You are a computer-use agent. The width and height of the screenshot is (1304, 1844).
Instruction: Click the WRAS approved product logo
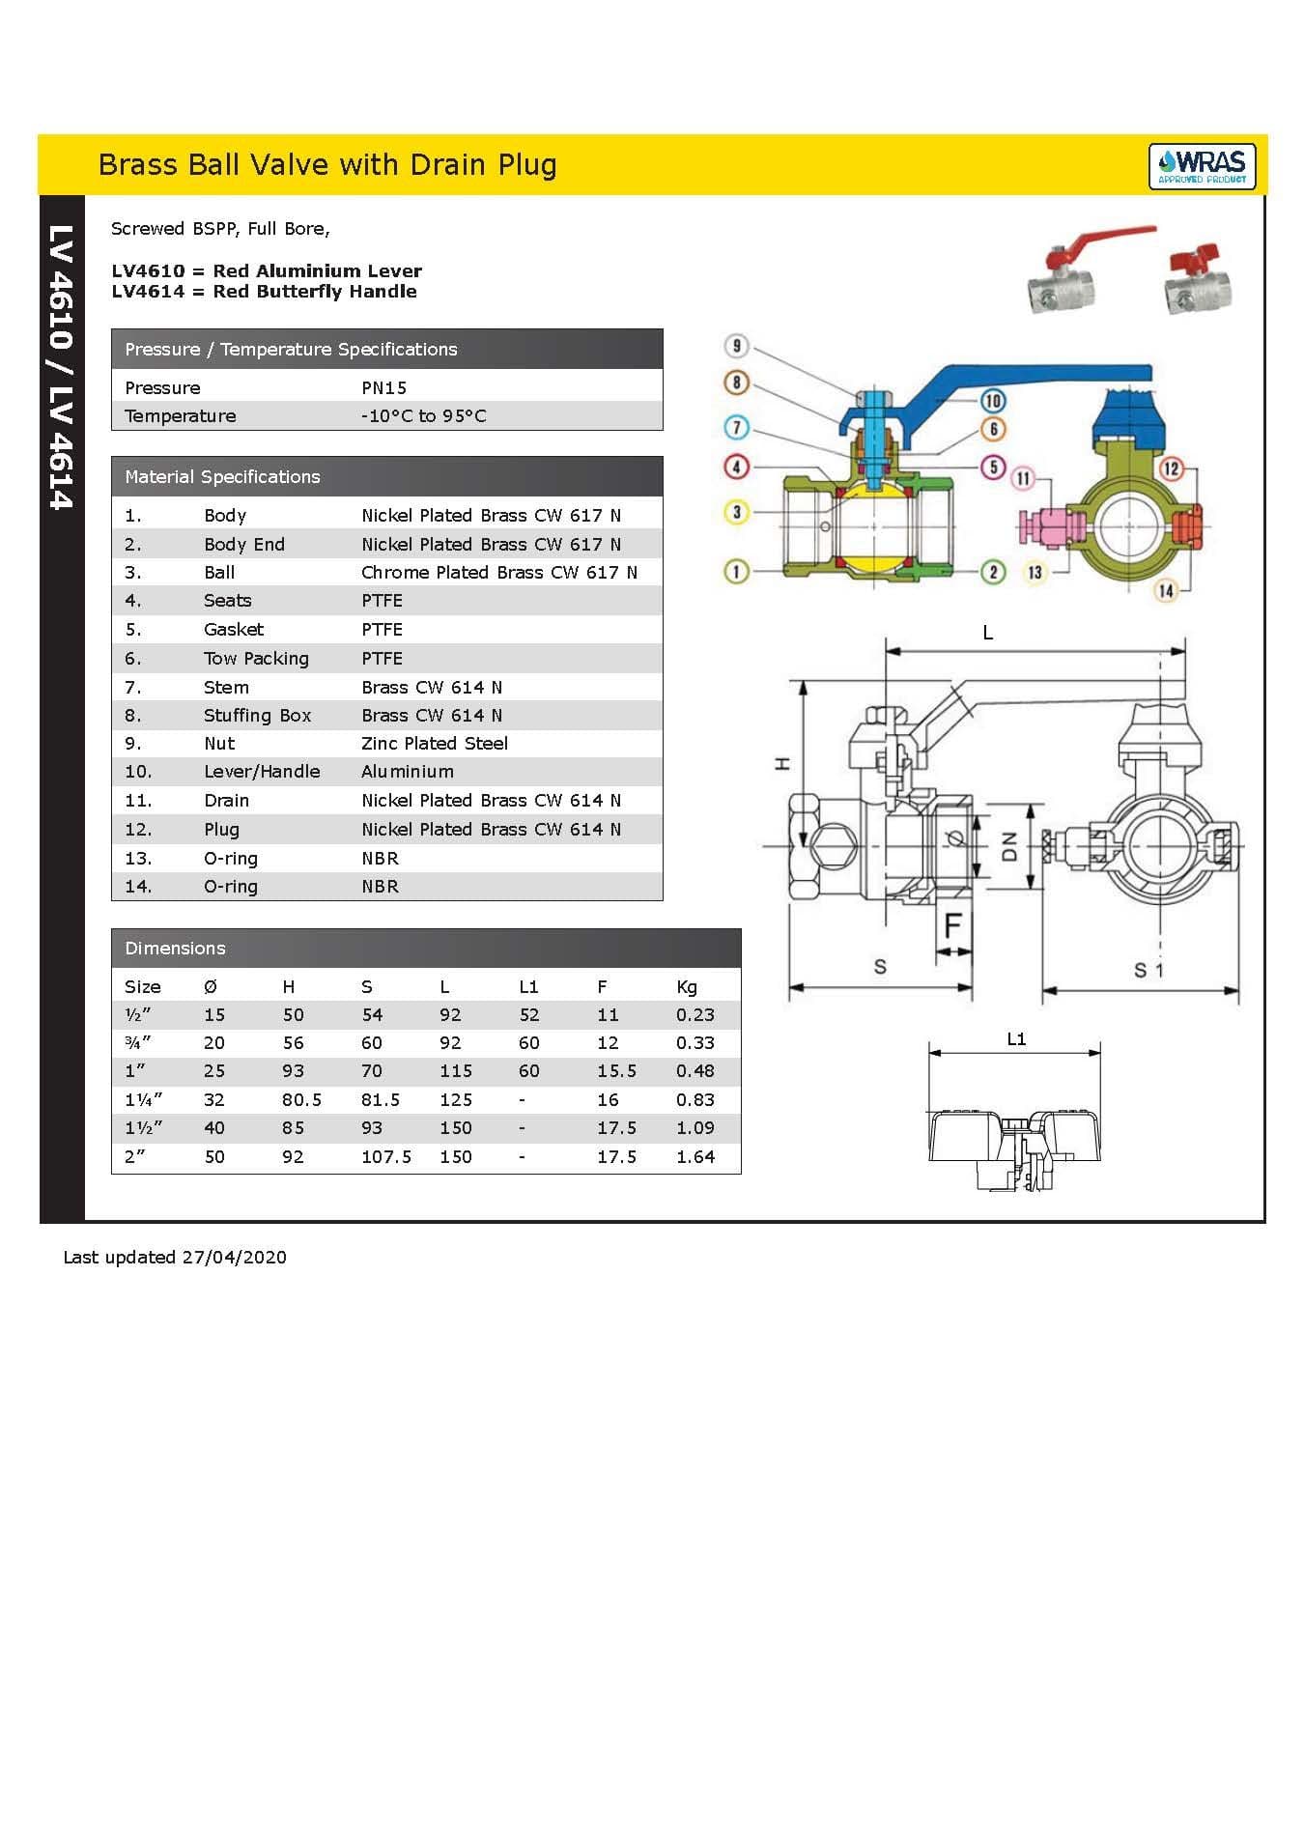pos(1202,166)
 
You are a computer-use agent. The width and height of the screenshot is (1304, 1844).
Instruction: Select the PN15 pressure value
pos(383,387)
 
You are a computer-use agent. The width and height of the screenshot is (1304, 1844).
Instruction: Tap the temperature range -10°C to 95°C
pos(423,416)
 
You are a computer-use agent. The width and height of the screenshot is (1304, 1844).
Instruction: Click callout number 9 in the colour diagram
pos(737,346)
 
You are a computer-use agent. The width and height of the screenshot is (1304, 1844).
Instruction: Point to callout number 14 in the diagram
pos(1166,590)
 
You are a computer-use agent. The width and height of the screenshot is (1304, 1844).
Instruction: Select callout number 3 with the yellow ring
pos(736,512)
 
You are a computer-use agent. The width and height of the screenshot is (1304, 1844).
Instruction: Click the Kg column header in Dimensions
pos(686,986)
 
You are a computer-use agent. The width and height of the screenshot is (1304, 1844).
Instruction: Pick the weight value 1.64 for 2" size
pos(695,1156)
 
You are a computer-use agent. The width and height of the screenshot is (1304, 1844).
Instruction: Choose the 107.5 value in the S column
pos(385,1156)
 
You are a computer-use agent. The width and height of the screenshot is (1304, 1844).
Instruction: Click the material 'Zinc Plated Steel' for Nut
pos(434,743)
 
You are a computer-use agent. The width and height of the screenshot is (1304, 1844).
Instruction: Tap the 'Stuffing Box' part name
pos(257,715)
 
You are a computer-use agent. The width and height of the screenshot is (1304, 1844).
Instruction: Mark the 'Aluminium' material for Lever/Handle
pos(407,771)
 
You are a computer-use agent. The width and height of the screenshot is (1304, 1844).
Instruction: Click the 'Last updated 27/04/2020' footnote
pos(175,1257)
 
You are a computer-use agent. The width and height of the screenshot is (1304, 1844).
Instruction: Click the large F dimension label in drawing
pos(952,925)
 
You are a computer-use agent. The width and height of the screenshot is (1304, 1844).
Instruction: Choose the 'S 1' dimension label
pos(1148,969)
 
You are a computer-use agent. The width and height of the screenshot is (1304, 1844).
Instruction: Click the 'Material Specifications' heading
pos(222,476)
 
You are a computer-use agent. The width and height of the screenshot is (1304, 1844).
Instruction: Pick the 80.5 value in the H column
pos(301,1099)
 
